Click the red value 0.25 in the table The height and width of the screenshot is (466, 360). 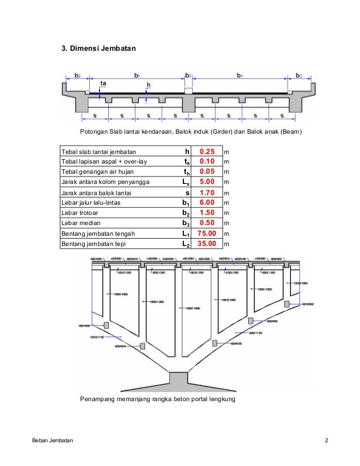207,152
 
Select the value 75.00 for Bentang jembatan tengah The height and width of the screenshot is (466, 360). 207,234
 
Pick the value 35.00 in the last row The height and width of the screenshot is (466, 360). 207,244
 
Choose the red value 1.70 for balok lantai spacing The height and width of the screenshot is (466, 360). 207,192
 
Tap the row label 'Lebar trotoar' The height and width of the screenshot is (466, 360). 81,213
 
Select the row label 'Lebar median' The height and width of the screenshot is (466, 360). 80,223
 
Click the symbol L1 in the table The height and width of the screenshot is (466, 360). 186,234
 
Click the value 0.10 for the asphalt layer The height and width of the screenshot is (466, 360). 207,162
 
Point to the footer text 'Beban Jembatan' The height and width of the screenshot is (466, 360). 52,440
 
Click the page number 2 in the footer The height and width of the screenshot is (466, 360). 326,440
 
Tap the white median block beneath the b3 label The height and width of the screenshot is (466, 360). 188,91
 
